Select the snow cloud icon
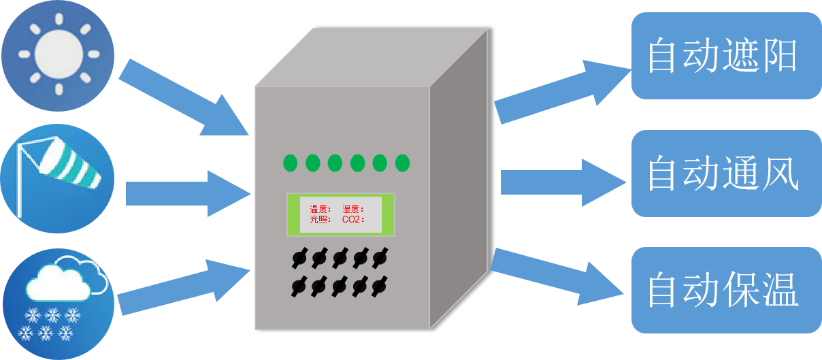[59, 302]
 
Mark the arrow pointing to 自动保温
[558, 273]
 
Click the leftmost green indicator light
[291, 163]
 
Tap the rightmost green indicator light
[403, 163]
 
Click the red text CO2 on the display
[352, 220]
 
